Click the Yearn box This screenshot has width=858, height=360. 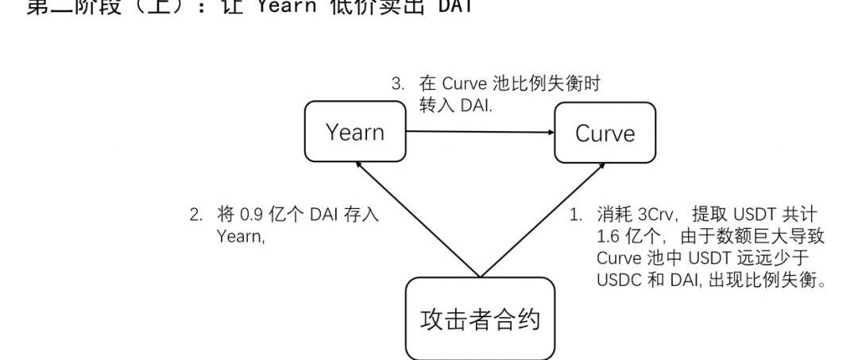tap(355, 133)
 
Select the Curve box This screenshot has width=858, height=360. tap(605, 133)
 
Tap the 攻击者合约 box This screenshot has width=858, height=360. tap(480, 319)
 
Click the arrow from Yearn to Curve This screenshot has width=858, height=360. tap(480, 133)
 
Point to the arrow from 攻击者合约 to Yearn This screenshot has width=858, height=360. tap(419, 219)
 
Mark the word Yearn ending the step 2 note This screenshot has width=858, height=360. tap(240, 236)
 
